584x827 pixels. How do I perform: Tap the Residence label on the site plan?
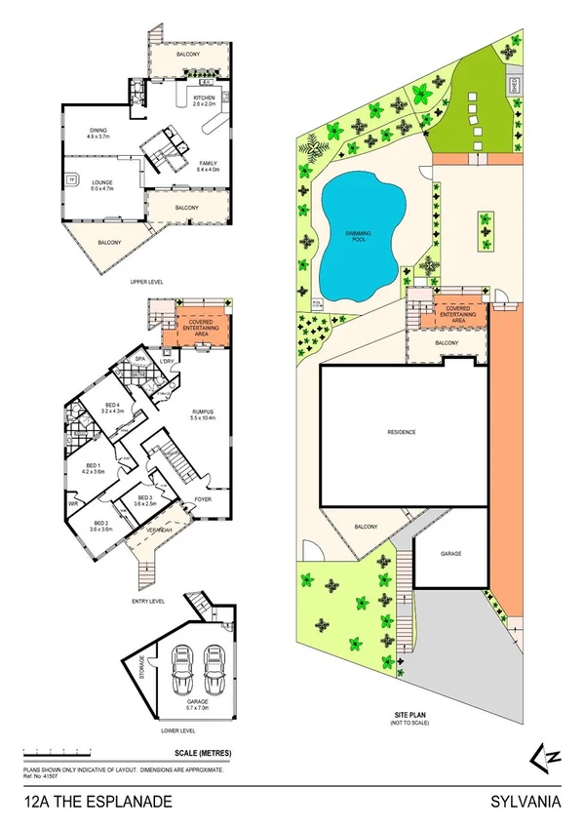(402, 431)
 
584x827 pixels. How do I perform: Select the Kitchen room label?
(204, 99)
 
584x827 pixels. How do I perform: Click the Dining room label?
(99, 134)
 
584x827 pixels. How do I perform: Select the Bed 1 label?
(94, 467)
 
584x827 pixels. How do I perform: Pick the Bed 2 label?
(102, 525)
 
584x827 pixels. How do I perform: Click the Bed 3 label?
(144, 499)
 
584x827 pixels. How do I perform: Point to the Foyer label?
(203, 499)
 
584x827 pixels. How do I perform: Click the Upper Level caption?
(145, 282)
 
